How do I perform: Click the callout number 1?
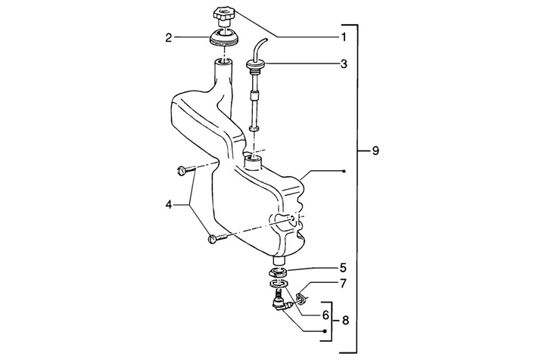pos(344,37)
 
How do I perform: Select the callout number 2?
pos(169,38)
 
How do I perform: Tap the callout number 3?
pos(344,64)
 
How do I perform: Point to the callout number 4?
pos(169,205)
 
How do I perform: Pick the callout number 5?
pos(343,268)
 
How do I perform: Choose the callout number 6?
pos(325,315)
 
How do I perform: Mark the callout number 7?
pos(344,284)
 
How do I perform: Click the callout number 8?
pos(345,320)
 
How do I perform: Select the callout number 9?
pos(375,151)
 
